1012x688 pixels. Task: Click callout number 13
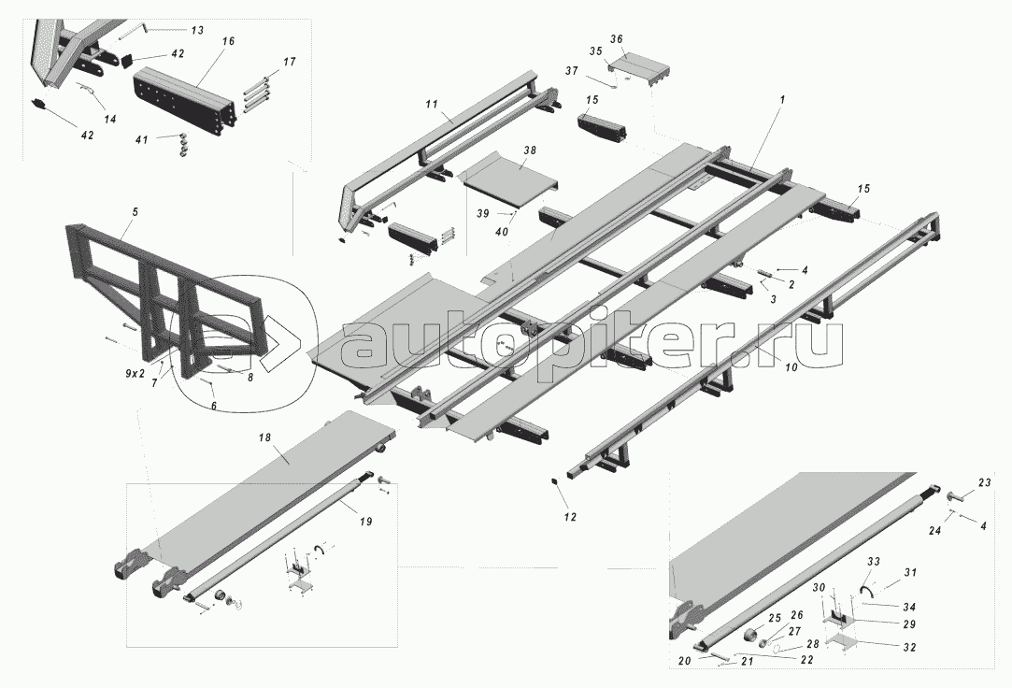pyautogui.click(x=196, y=31)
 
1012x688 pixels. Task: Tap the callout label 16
pyautogui.click(x=229, y=42)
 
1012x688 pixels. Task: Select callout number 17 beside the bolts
pyautogui.click(x=289, y=62)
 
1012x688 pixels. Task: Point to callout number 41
pyautogui.click(x=140, y=139)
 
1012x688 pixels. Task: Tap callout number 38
pyautogui.click(x=530, y=149)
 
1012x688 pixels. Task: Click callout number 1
pyautogui.click(x=782, y=99)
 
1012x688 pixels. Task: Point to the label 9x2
pyautogui.click(x=135, y=373)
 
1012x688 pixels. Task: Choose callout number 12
pyautogui.click(x=570, y=517)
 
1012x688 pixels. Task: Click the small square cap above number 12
pyautogui.click(x=554, y=481)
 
